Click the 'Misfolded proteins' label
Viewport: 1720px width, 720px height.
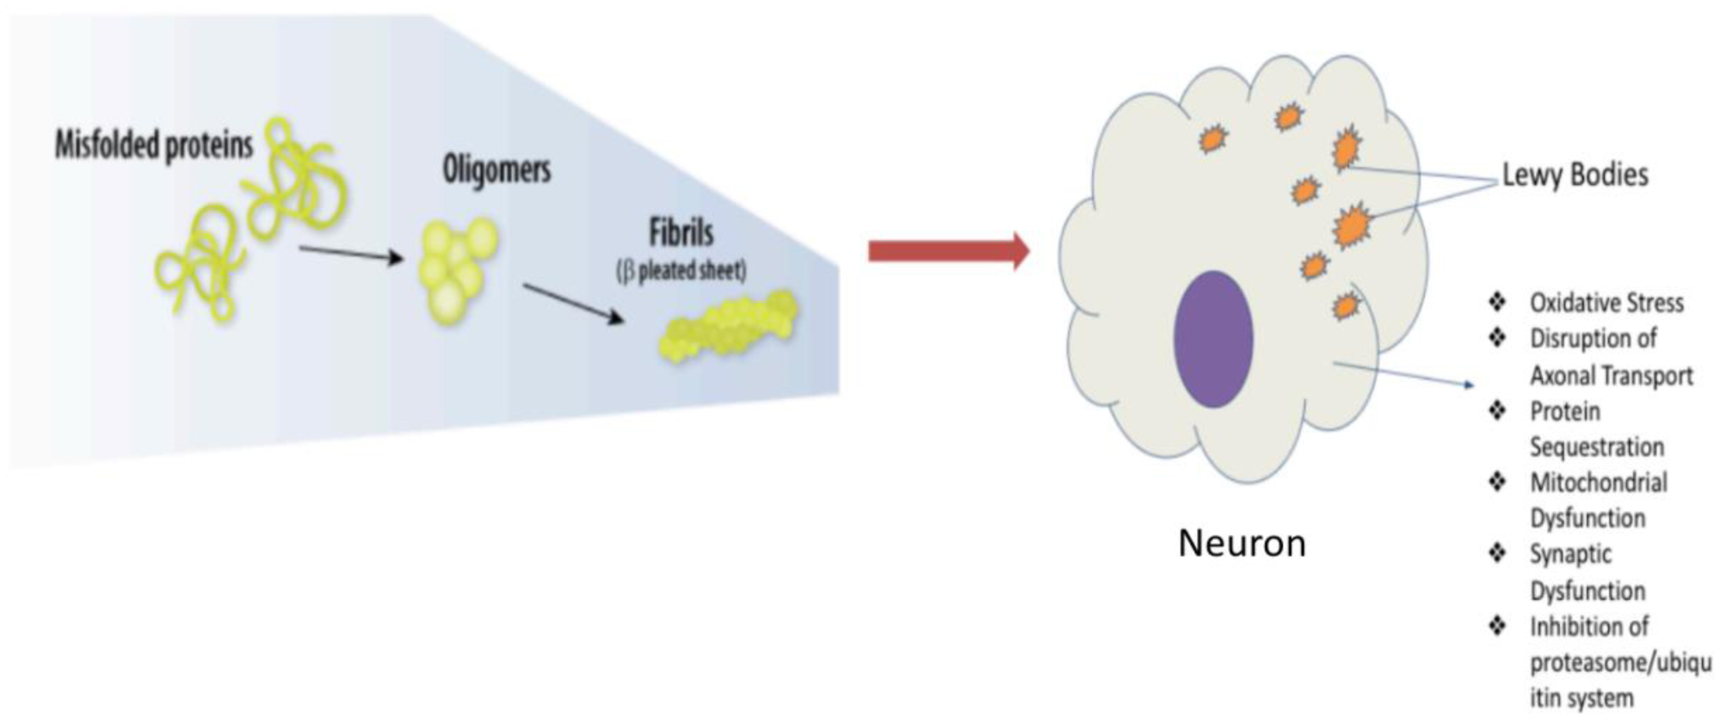pyautogui.click(x=154, y=145)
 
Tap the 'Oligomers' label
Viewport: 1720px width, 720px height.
pyautogui.click(x=496, y=169)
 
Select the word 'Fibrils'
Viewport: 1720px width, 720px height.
pyautogui.click(x=681, y=233)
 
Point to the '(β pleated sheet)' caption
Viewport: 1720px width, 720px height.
pyautogui.click(x=681, y=271)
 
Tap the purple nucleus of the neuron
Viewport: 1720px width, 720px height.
pyautogui.click(x=1213, y=339)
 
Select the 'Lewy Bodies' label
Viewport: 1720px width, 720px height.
pyautogui.click(x=1575, y=175)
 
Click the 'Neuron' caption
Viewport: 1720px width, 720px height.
pyautogui.click(x=1242, y=544)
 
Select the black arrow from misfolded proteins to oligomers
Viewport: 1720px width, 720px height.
pyautogui.click(x=351, y=254)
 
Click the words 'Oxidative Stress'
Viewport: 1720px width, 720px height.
pyautogui.click(x=1606, y=303)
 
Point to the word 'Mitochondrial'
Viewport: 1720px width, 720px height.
pyautogui.click(x=1598, y=483)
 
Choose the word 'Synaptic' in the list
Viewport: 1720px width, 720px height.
pyautogui.click(x=1570, y=555)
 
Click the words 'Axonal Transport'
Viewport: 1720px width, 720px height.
pyautogui.click(x=1611, y=376)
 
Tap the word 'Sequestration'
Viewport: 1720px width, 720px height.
pyautogui.click(x=1596, y=447)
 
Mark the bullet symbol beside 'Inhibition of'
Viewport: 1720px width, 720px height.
pyautogui.click(x=1498, y=626)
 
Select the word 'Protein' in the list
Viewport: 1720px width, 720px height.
pyautogui.click(x=1564, y=412)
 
